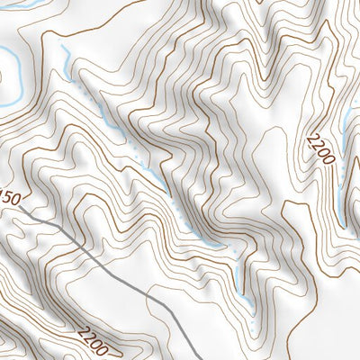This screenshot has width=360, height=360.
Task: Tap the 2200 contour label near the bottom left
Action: pyautogui.click(x=92, y=342)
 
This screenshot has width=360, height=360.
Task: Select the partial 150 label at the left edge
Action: pyautogui.click(x=9, y=197)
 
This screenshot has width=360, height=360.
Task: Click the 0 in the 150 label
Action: pyautogui.click(x=15, y=194)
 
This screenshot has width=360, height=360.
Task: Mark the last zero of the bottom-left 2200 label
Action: pyautogui.click(x=104, y=349)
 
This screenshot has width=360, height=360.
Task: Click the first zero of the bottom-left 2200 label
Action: pyautogui.click(x=96, y=345)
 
